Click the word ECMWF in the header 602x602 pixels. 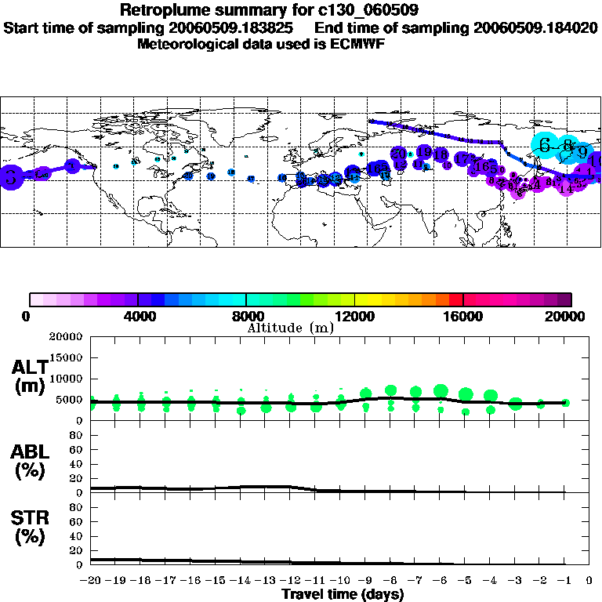[361, 44]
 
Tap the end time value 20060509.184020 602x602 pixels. [535, 27]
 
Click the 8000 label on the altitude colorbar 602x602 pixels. [246, 316]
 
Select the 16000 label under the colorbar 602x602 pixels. [463, 316]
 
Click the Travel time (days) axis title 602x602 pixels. [343, 595]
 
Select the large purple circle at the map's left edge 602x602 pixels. [9, 176]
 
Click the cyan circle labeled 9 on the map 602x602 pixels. [582, 151]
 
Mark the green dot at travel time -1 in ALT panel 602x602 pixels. [565, 402]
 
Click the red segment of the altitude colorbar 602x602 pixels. [456, 299]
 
